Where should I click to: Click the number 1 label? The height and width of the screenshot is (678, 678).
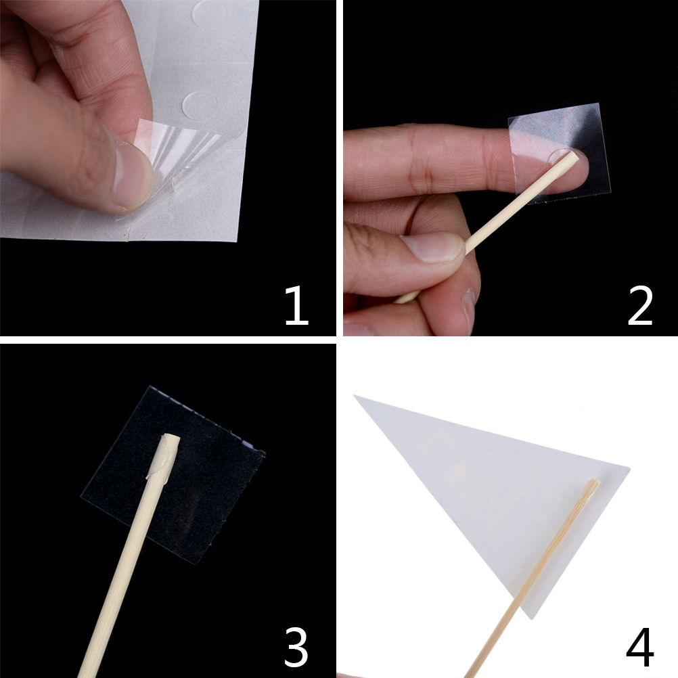coord(296,305)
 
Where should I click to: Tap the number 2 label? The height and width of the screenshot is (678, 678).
coord(640,305)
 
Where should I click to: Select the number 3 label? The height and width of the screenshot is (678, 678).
coord(296,648)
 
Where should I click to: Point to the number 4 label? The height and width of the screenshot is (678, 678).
coord(640,648)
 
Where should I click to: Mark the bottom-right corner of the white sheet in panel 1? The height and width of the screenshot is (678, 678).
coord(238,242)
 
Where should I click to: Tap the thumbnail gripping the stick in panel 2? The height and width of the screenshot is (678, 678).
coord(434,247)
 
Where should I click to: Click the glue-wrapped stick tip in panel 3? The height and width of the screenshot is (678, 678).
coord(166,455)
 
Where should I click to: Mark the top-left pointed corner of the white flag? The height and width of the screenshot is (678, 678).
coord(354,395)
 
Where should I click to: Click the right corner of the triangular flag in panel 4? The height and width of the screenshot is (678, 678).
coord(629,468)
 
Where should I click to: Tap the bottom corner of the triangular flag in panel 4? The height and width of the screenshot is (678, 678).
coord(531,618)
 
